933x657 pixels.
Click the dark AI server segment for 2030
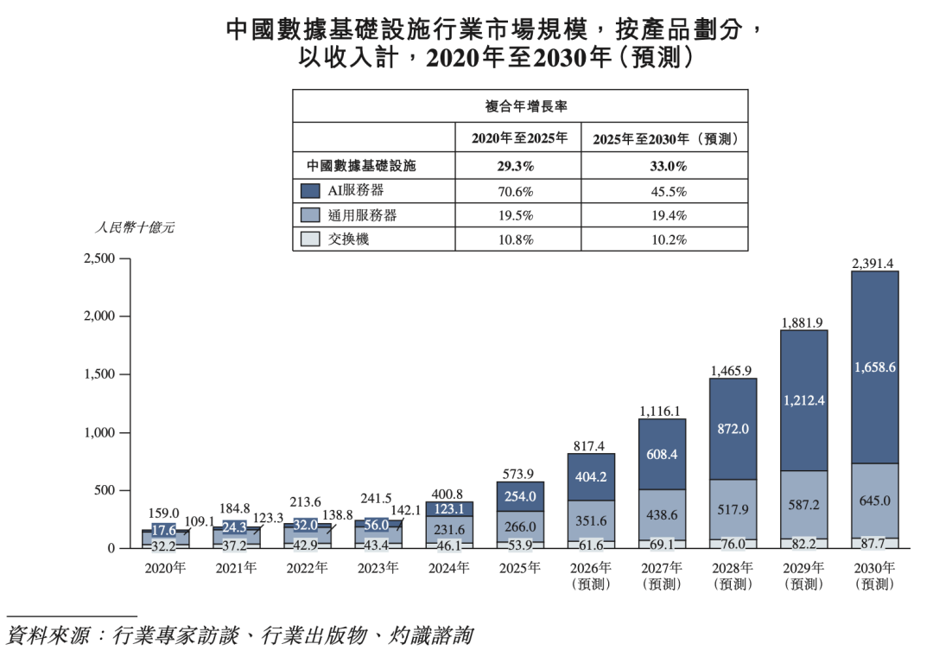tap(874, 367)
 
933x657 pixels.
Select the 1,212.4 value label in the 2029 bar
tap(803, 400)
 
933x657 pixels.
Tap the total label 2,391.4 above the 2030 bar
tap(874, 263)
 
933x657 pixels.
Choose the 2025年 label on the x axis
tap(520, 568)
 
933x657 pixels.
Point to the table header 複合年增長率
tap(520, 107)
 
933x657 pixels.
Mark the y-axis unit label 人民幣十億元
tap(134, 228)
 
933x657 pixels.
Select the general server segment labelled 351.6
tap(591, 520)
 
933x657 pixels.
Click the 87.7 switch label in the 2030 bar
tap(874, 544)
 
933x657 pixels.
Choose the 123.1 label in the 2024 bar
tap(449, 509)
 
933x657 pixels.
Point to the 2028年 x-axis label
tap(733, 568)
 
